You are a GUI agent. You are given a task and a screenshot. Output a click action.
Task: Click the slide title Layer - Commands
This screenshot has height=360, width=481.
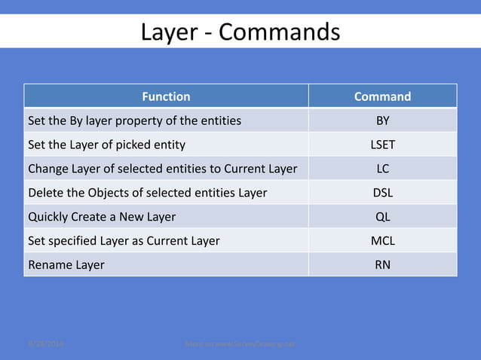tap(240, 32)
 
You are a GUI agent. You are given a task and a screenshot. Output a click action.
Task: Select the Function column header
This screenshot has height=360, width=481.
tap(166, 96)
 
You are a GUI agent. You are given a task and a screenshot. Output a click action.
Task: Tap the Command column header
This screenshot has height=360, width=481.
tap(382, 96)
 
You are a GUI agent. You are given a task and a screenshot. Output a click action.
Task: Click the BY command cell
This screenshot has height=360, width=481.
tap(382, 121)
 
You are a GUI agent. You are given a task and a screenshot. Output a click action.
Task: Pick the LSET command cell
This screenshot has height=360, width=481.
tap(382, 145)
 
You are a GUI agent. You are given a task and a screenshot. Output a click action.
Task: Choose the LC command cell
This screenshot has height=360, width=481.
tap(382, 169)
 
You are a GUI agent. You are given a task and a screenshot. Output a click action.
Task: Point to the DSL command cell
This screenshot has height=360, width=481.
tap(382, 193)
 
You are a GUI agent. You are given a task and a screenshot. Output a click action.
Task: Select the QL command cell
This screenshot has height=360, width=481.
tap(382, 217)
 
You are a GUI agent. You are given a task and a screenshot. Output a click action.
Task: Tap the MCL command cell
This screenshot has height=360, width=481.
tap(382, 241)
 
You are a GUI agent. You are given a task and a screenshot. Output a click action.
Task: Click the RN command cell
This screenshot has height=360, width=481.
tap(382, 265)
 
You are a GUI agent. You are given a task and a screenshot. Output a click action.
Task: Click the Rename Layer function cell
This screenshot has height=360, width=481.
tap(66, 265)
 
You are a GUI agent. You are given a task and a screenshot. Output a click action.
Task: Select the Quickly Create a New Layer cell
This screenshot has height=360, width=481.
tap(102, 217)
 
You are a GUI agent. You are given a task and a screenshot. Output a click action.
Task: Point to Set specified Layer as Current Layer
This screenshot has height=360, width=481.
tap(124, 241)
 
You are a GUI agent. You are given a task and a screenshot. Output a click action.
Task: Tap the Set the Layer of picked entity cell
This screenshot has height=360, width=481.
tap(106, 145)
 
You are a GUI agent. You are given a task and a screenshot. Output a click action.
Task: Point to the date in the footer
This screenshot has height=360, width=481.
tap(46, 343)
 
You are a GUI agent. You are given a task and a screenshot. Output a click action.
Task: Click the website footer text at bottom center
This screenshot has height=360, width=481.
tap(240, 343)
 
